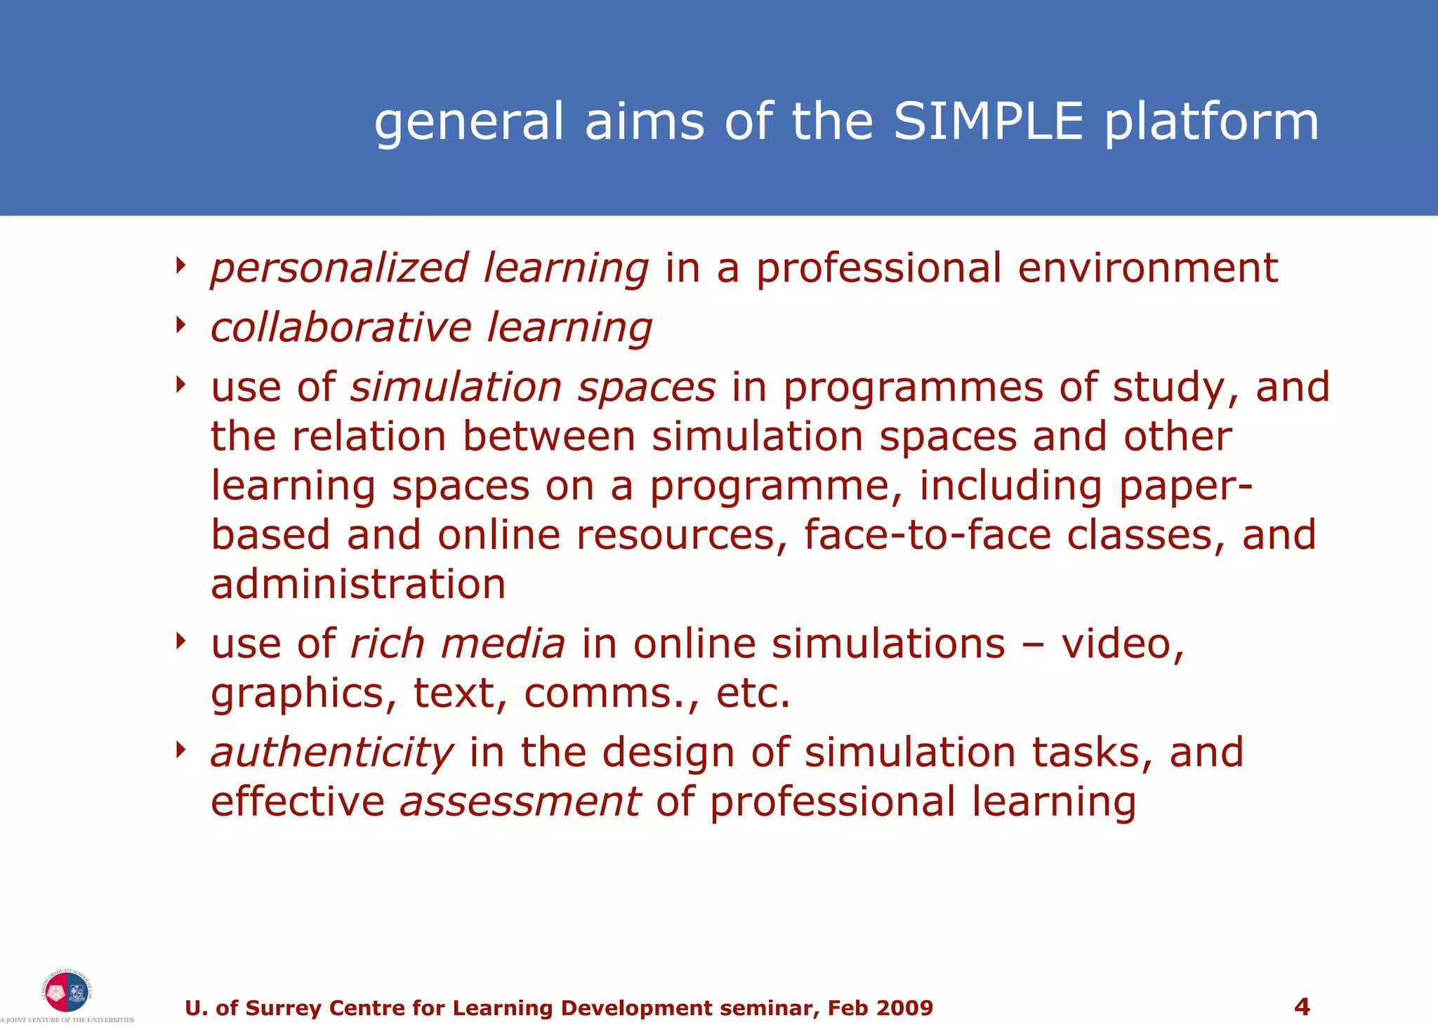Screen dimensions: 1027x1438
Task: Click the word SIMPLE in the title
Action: (x=989, y=121)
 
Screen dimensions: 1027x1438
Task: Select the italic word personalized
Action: (x=339, y=269)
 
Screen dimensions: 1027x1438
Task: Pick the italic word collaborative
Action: (x=341, y=328)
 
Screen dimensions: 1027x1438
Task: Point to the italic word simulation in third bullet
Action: (x=456, y=387)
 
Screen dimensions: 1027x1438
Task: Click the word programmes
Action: (x=913, y=389)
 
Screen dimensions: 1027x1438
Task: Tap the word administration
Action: (x=358, y=584)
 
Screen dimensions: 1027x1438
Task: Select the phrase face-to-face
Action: (x=927, y=535)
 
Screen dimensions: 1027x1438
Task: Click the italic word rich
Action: (x=387, y=644)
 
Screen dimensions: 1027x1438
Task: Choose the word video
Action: (x=1122, y=644)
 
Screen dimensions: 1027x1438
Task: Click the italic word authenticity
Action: (x=332, y=754)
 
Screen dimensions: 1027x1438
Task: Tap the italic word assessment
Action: (x=520, y=802)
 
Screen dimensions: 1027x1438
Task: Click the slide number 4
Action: (x=1301, y=1007)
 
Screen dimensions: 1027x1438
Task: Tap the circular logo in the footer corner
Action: (x=66, y=991)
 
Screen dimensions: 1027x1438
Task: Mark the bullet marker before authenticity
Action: (x=181, y=750)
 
